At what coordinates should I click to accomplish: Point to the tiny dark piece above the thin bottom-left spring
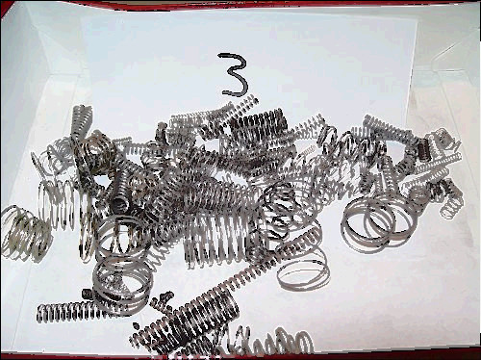pos(87,294)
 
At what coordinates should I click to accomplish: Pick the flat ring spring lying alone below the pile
pos(303,272)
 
